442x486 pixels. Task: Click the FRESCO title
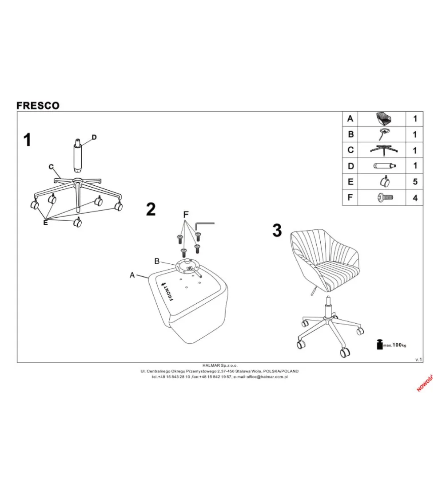pos(38,106)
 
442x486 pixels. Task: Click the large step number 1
pos(27,140)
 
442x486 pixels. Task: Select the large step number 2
pos(151,210)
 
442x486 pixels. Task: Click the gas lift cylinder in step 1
pos(78,156)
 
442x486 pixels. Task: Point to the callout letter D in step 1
pos(94,137)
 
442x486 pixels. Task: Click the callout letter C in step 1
pos(51,167)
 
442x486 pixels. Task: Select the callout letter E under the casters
pos(46,222)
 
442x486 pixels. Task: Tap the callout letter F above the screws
pos(186,214)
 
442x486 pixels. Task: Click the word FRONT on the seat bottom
pos(168,292)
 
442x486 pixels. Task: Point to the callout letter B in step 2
pos(157,261)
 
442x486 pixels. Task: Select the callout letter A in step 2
pos(132,275)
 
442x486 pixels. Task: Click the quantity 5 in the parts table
pos(415,181)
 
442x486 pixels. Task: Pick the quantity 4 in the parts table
pos(415,198)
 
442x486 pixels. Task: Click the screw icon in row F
pos(385,197)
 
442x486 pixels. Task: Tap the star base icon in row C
pos(384,150)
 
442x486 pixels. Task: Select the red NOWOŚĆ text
pos(425,384)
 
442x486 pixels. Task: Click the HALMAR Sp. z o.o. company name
pos(220,365)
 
